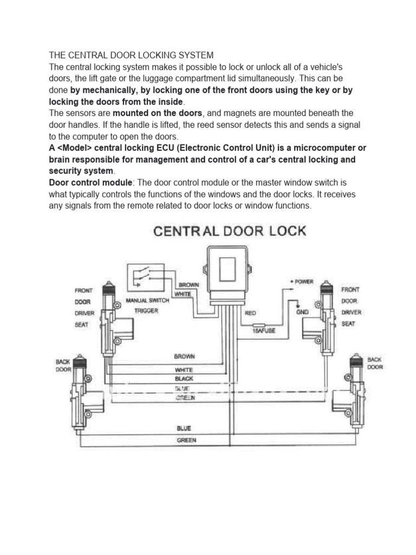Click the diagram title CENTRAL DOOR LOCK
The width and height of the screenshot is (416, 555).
pos(230,231)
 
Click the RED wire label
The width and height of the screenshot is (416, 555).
pos(250,313)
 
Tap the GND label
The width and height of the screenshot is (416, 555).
pos(302,313)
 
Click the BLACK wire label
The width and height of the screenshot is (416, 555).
pos(184,378)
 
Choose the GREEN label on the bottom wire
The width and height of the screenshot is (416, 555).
pos(186,440)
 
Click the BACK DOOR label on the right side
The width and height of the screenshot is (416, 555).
pos(375,363)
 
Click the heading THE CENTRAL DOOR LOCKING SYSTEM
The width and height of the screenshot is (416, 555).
pos(131,55)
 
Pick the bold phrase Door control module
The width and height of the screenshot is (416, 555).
pos(90,183)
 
